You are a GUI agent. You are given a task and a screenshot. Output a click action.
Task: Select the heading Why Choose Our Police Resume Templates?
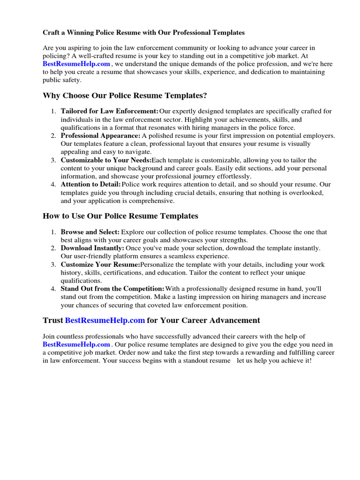coord(125,96)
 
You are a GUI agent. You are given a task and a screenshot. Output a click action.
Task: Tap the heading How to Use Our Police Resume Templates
coord(120,216)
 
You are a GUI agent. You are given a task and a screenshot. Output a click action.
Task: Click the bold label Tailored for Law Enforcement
coord(110,111)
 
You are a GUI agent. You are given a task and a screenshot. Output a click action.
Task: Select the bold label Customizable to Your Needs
coord(106,160)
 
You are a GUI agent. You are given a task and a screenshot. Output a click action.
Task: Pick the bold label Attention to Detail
coord(90,185)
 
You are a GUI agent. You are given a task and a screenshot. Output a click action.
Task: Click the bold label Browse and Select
coord(90,232)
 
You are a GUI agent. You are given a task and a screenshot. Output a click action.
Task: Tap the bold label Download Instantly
coord(92,248)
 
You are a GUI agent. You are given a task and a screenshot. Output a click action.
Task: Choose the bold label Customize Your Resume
coord(100,264)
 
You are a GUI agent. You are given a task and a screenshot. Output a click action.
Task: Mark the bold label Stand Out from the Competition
coord(112,289)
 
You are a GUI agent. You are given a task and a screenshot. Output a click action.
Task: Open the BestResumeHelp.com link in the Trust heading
coord(105,321)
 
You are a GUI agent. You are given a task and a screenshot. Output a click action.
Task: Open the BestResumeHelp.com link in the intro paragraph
coord(76,64)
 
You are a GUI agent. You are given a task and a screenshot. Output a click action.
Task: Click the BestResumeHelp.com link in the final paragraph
coord(76,344)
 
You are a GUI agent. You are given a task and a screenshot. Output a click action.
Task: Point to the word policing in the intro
coord(55,56)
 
